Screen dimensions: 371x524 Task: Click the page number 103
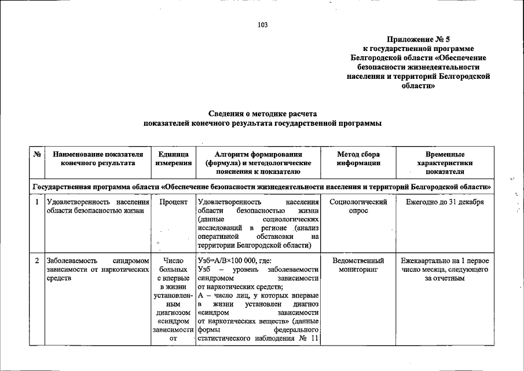tap(262, 24)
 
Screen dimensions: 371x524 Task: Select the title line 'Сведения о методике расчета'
tap(262, 114)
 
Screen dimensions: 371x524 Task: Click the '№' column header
tap(36, 155)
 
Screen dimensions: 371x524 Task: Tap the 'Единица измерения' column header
tap(173, 159)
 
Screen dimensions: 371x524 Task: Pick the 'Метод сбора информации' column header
tap(358, 159)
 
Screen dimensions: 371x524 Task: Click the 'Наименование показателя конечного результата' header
tap(97, 159)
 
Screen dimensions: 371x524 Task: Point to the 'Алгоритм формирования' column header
tap(258, 155)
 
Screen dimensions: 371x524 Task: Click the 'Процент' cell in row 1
tap(173, 202)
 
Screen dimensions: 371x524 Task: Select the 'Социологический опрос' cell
tap(358, 206)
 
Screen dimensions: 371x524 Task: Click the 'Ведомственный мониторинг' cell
tap(358, 265)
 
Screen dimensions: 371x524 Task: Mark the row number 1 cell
tap(36, 202)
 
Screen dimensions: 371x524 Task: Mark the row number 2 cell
tap(36, 260)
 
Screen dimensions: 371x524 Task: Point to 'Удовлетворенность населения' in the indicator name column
tap(97, 202)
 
